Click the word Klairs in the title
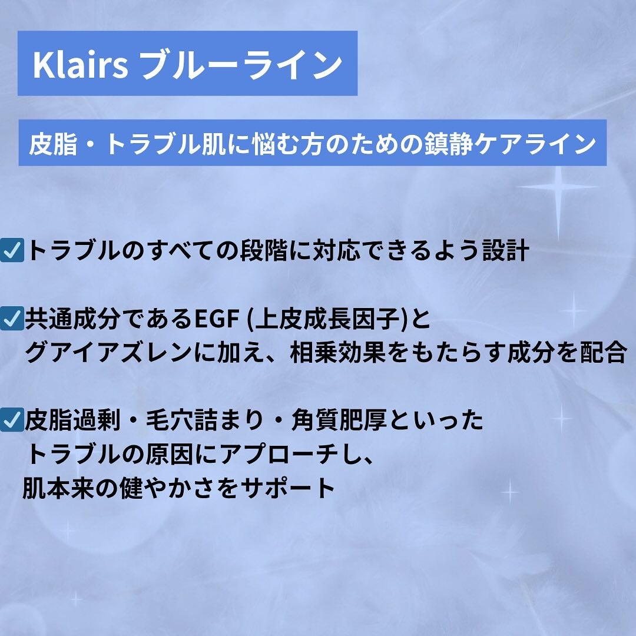(x=80, y=65)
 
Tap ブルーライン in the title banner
(x=242, y=65)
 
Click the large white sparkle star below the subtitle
(x=556, y=187)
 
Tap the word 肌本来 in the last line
(x=57, y=488)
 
